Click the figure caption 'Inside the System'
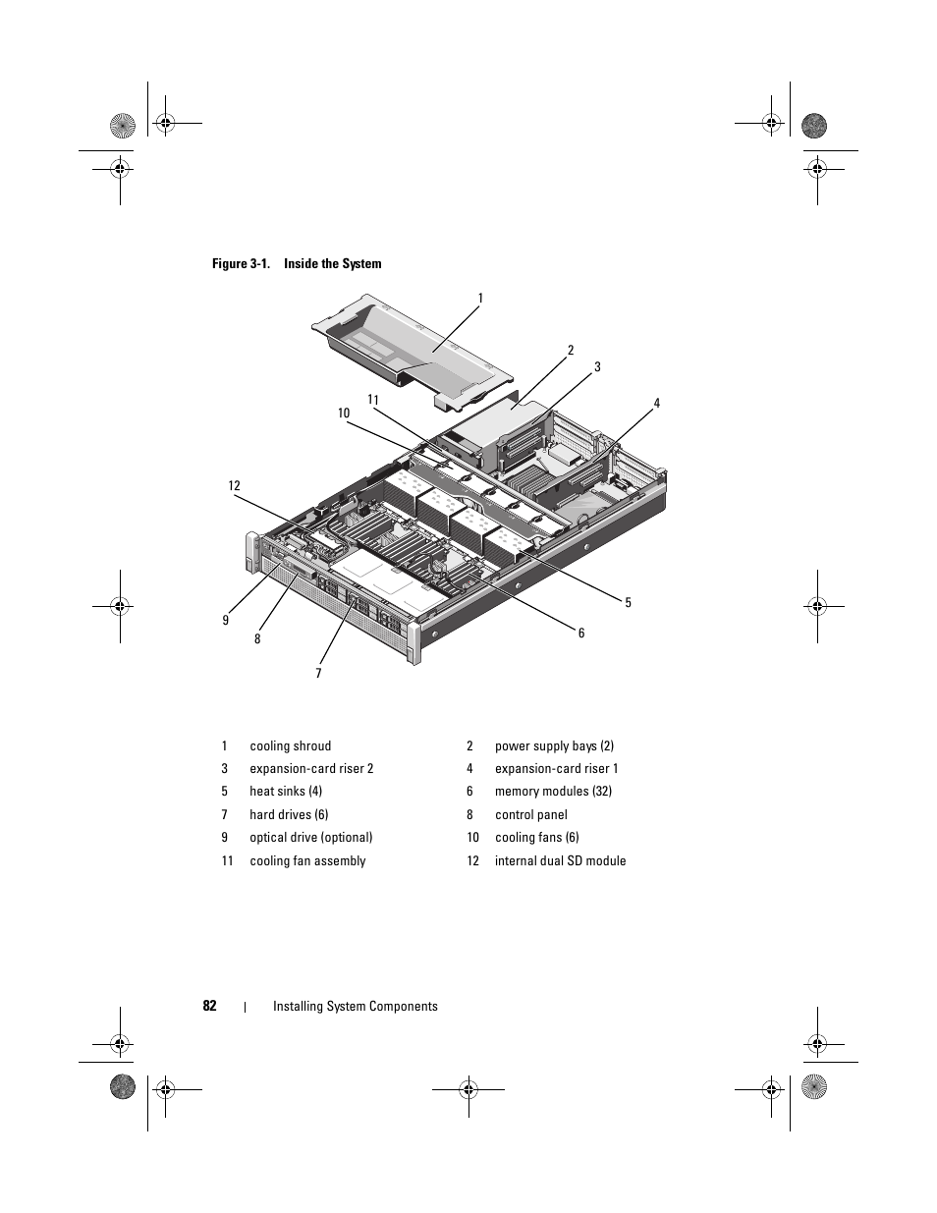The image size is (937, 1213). click(332, 263)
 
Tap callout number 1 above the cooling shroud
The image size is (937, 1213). click(480, 298)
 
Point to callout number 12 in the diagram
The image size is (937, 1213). click(234, 486)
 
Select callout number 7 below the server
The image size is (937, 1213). click(318, 674)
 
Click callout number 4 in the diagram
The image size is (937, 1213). click(657, 404)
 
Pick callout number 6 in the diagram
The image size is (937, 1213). click(581, 634)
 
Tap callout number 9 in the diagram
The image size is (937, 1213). click(225, 620)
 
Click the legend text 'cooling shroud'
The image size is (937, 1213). click(290, 746)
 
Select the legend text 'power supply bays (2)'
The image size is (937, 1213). click(554, 746)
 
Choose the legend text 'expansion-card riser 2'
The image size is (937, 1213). click(311, 769)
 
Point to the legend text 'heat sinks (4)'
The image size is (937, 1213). click(286, 792)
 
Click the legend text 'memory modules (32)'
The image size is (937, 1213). click(553, 792)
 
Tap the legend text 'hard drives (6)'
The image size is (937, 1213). click(289, 815)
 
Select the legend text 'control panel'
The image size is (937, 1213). click(530, 815)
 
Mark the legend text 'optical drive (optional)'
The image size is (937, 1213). click(310, 838)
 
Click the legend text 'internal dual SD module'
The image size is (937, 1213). click(560, 861)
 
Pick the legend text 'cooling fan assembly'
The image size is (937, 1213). click(307, 861)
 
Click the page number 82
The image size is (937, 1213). click(209, 1006)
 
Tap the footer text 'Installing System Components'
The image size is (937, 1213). click(355, 1006)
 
